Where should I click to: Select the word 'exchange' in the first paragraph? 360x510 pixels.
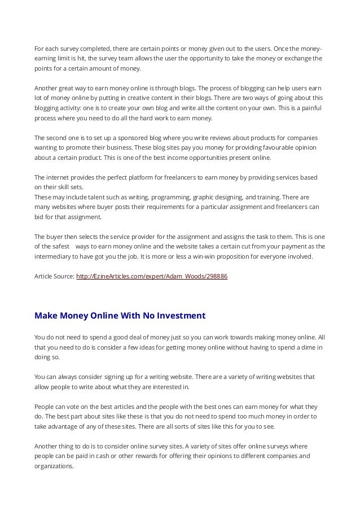click(x=300, y=58)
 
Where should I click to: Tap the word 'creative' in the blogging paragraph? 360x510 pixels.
click(x=137, y=98)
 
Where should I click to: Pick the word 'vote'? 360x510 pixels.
click(x=69, y=406)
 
